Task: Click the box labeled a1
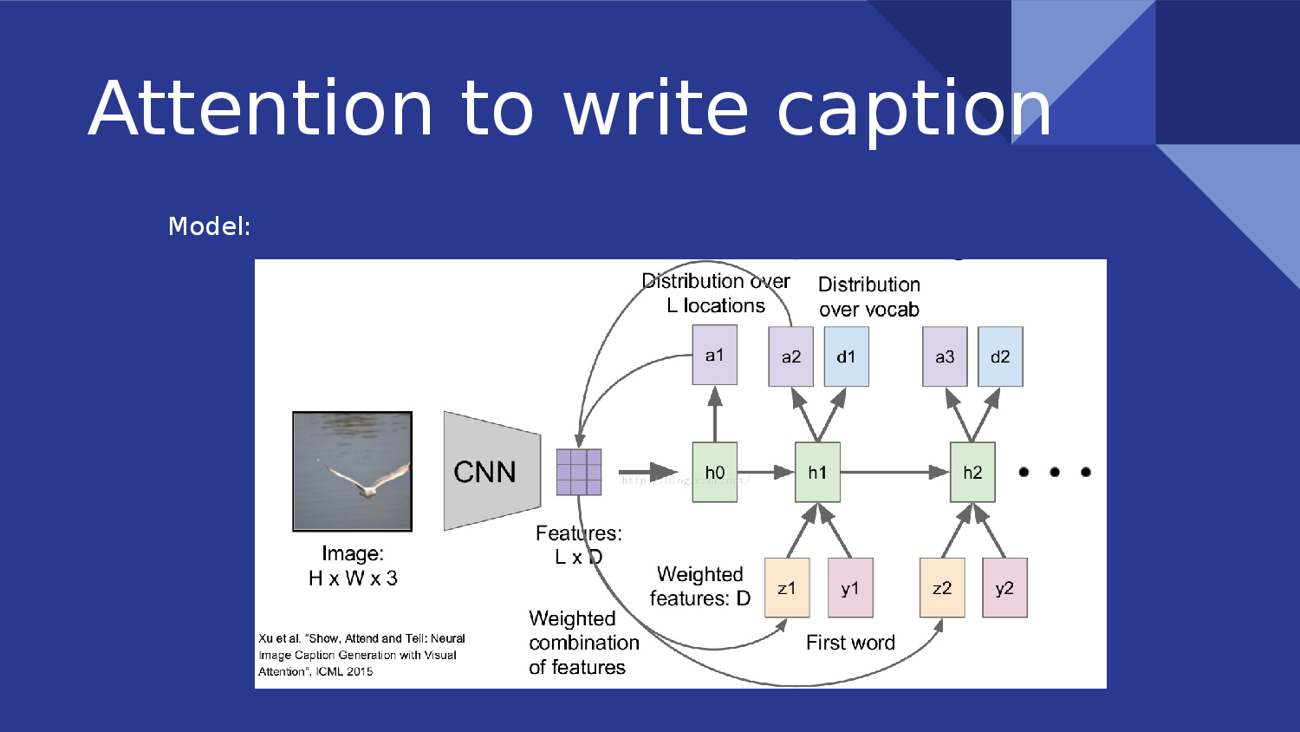tap(714, 355)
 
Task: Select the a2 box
tap(790, 356)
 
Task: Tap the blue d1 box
tap(846, 356)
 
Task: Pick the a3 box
tap(945, 356)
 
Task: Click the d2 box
tap(1000, 356)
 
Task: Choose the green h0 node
tap(714, 472)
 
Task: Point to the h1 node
tap(817, 472)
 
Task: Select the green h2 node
tap(972, 472)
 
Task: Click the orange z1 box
tap(787, 588)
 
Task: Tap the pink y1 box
tap(850, 588)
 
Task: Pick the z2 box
tap(942, 588)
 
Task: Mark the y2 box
tap(1004, 588)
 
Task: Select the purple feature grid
tap(579, 472)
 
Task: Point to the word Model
tap(208, 226)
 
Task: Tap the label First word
tap(850, 643)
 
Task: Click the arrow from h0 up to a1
tap(715, 415)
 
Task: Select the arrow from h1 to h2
tap(893, 472)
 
